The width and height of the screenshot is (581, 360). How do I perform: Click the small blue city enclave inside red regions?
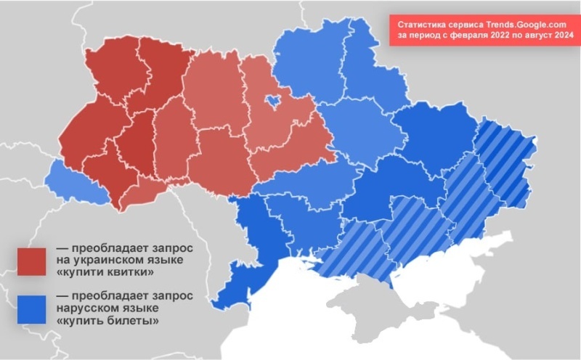click(274, 101)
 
